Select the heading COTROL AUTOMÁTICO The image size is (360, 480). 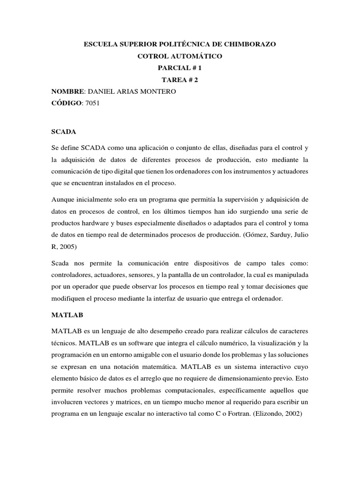tap(180, 56)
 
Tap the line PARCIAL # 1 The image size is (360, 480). tap(180, 68)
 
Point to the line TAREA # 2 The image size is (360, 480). tap(180, 80)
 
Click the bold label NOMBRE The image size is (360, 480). tap(68, 91)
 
